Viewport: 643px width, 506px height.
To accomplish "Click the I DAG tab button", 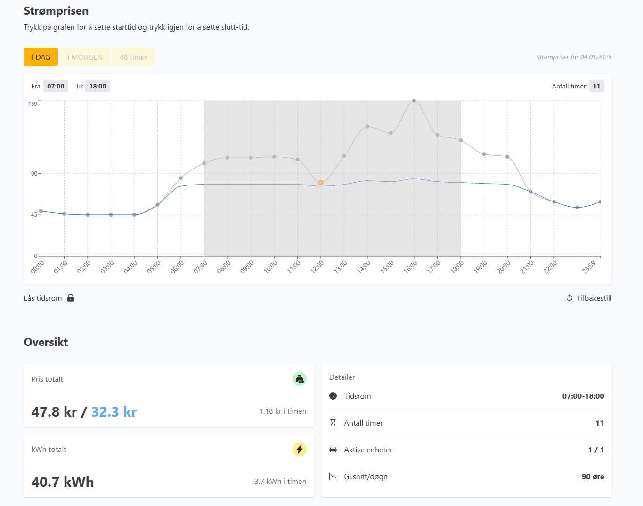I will pyautogui.click(x=41, y=57).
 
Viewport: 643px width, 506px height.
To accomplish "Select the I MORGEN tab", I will pyautogui.click(x=85, y=57).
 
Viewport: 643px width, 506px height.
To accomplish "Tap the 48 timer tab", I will pyautogui.click(x=133, y=57).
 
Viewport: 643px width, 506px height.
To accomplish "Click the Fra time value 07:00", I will pyautogui.click(x=56, y=86).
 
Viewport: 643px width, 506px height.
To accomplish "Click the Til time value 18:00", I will pyautogui.click(x=98, y=86).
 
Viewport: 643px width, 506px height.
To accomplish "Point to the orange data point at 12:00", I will pyautogui.click(x=321, y=183).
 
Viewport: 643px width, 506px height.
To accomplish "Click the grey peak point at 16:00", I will pyautogui.click(x=414, y=101).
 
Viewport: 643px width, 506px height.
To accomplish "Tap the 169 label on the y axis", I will pyautogui.click(x=33, y=104).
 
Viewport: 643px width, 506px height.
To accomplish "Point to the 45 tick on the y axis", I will pyautogui.click(x=34, y=215).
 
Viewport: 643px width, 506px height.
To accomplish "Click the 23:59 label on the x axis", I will pyautogui.click(x=589, y=267).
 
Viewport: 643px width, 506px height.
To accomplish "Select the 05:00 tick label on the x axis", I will pyautogui.click(x=154, y=267).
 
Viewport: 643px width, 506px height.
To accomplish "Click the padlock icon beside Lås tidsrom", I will pyautogui.click(x=71, y=298).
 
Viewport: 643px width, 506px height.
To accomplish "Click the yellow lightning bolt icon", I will pyautogui.click(x=299, y=449).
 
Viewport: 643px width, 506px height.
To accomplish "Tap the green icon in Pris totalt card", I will pyautogui.click(x=299, y=378).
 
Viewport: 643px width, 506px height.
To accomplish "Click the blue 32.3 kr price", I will pyautogui.click(x=114, y=412).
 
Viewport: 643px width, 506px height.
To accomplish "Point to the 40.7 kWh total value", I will pyautogui.click(x=63, y=482).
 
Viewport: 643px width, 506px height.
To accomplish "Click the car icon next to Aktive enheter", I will pyautogui.click(x=333, y=450).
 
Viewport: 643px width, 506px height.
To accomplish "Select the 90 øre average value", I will pyautogui.click(x=593, y=477).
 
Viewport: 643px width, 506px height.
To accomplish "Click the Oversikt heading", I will pyautogui.click(x=46, y=342).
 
